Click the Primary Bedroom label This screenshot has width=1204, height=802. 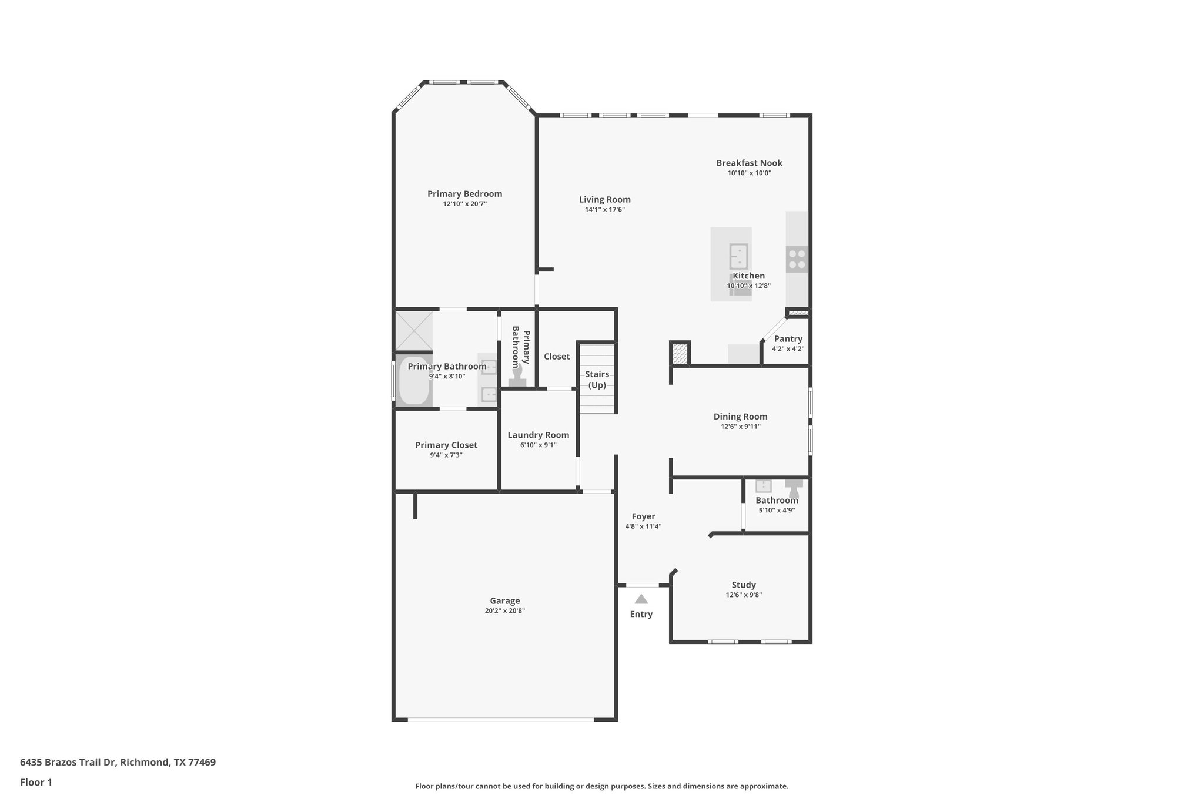point(464,194)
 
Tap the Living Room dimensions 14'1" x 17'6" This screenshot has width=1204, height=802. point(604,210)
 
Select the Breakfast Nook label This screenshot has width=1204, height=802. point(749,163)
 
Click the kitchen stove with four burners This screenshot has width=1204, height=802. point(797,259)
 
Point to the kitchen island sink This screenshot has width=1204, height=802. point(738,256)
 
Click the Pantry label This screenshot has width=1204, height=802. point(788,339)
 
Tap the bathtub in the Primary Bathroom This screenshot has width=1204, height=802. point(414,381)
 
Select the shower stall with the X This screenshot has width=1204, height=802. point(414,331)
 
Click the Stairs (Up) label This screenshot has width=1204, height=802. point(597,380)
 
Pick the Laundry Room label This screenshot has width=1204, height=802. point(538,435)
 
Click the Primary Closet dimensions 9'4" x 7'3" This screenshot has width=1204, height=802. point(446,455)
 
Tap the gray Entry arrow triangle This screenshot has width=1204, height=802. point(641,600)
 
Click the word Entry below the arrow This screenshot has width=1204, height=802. point(641,614)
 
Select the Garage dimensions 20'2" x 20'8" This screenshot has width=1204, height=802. point(504,610)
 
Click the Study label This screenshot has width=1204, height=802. point(744,585)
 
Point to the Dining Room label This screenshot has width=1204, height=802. point(740,417)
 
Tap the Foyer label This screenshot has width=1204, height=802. point(643,516)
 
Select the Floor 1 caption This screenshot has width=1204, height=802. point(36,783)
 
